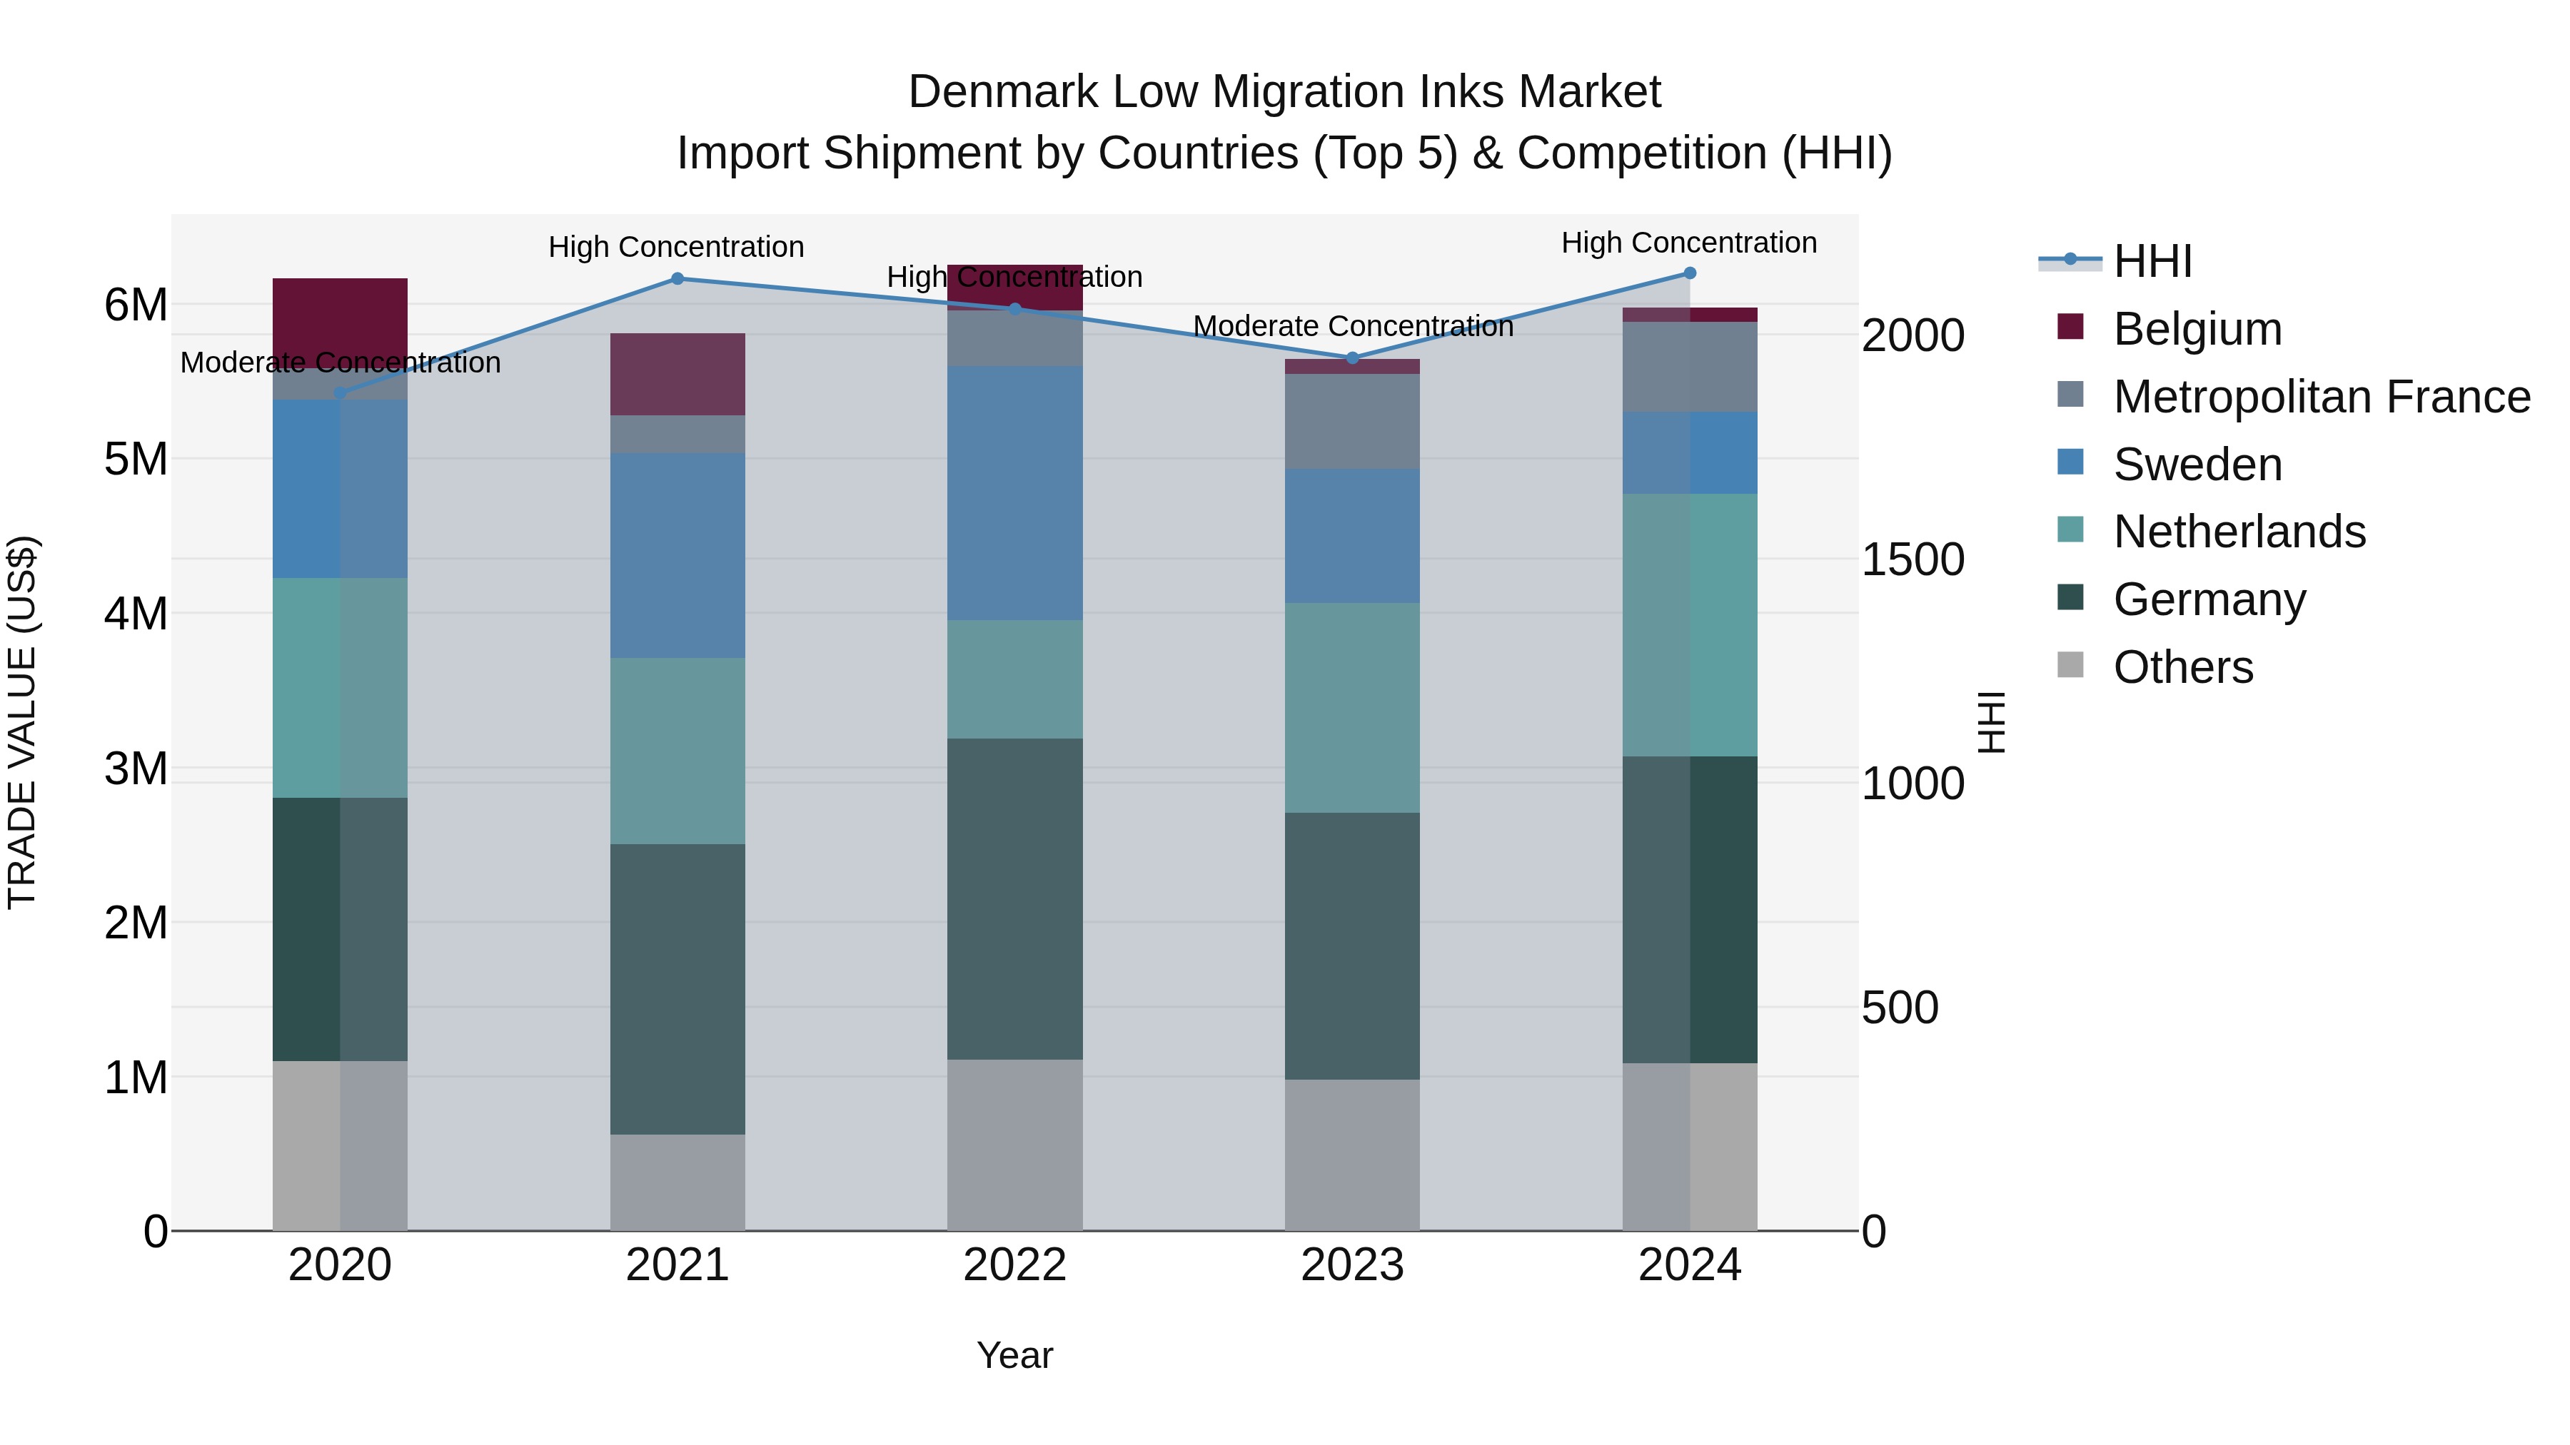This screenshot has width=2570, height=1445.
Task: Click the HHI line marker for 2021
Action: point(677,279)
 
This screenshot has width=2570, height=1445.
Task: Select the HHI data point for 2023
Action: point(1353,358)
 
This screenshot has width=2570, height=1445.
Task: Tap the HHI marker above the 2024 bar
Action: point(1690,273)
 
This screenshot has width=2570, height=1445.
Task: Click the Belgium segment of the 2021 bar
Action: point(677,374)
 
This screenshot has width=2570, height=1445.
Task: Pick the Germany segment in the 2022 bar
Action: point(1014,898)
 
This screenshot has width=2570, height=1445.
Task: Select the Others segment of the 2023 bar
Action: point(1352,1155)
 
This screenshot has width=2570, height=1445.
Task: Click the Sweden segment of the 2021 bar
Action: point(677,555)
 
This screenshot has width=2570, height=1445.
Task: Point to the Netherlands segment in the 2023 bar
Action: point(1352,707)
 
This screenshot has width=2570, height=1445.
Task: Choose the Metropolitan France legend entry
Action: point(2321,397)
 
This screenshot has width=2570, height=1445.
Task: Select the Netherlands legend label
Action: point(2239,532)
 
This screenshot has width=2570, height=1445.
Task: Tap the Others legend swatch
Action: point(2070,665)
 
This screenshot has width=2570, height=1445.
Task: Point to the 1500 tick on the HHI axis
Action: point(1913,559)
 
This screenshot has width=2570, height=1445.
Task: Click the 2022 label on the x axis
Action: point(1014,1265)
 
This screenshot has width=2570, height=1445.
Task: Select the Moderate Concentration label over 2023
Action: point(1353,326)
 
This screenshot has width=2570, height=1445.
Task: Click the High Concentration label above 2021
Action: point(677,246)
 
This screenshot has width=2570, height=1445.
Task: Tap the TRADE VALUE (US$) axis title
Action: point(22,722)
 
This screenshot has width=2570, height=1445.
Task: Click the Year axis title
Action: point(1014,1355)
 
